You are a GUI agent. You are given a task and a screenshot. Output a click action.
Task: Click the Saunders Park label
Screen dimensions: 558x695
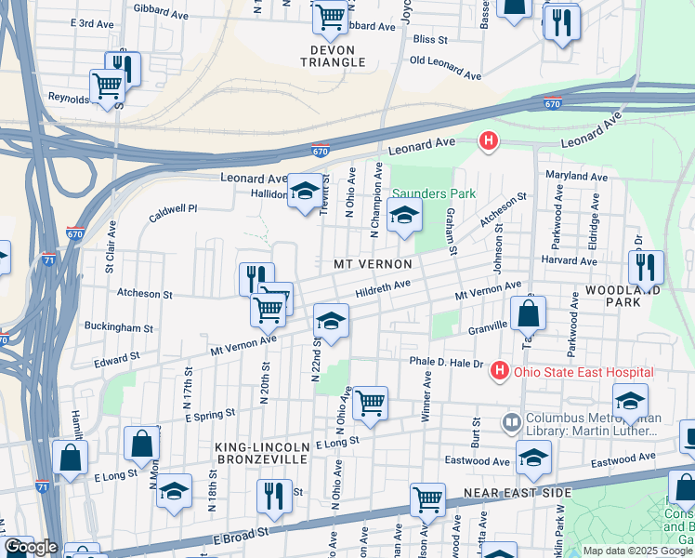433,193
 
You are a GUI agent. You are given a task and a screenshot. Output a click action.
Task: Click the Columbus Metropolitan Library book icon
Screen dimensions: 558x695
510,423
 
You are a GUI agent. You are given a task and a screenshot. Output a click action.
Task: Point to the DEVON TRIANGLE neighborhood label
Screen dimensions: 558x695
333,55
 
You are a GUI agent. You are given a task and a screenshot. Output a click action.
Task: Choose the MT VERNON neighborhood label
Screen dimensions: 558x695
373,265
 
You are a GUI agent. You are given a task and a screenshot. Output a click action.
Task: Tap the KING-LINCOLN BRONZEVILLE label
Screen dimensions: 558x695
261,454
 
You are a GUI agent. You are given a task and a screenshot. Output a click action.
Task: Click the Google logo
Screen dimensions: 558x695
32,547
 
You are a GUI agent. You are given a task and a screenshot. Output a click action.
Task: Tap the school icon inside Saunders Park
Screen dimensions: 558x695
404,215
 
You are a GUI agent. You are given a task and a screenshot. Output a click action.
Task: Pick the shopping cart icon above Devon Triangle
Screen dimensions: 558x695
330,16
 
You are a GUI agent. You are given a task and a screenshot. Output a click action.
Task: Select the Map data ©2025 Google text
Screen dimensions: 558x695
637,551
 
